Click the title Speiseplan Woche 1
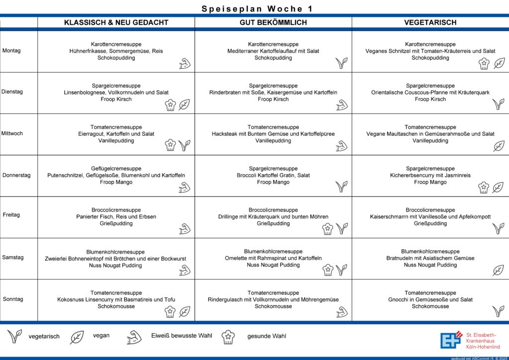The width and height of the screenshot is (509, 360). point(257,8)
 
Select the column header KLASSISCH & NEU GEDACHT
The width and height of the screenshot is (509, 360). point(116,22)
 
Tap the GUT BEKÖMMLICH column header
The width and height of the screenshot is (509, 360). point(273,22)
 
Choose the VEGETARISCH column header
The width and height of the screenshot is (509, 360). point(430,22)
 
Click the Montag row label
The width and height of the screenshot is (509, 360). point(11,51)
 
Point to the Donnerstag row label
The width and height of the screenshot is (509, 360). point(16,175)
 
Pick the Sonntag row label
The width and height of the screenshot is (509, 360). point(13,299)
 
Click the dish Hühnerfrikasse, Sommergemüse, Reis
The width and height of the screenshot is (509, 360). point(116,51)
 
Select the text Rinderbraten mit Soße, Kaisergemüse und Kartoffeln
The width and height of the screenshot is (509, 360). point(273,92)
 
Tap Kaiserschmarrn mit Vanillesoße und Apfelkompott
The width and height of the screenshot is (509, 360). point(430,217)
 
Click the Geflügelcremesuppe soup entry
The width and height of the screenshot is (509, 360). point(116,169)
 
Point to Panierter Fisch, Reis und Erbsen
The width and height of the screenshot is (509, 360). point(116,217)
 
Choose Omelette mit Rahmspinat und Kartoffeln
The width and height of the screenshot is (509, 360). point(273,258)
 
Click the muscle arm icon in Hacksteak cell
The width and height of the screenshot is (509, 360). point(341,146)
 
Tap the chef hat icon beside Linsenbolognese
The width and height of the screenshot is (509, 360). point(170,105)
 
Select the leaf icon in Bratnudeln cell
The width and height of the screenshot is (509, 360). point(498,270)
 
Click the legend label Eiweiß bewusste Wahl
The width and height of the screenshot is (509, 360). point(181,336)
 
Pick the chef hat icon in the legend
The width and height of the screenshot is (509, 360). point(228,337)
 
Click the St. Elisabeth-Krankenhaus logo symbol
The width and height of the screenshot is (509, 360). point(450,340)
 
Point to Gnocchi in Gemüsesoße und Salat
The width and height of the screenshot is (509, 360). point(430,300)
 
